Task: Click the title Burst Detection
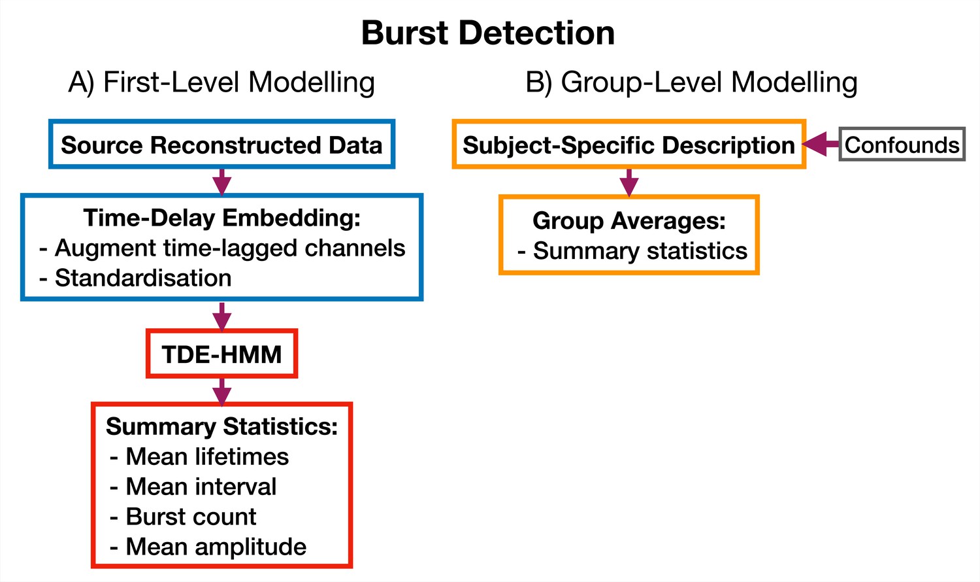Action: tap(488, 33)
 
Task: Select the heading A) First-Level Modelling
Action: tap(221, 82)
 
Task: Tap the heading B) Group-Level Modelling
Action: tap(691, 82)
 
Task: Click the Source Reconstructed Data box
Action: tap(222, 144)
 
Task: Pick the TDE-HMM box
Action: tap(222, 353)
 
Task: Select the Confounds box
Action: tap(902, 144)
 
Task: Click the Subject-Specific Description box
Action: tap(629, 144)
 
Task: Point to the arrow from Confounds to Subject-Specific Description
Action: tap(821, 144)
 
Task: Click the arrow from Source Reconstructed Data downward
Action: tap(222, 182)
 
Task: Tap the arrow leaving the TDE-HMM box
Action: tap(222, 392)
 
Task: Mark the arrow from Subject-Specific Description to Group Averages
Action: tap(629, 182)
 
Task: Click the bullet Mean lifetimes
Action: tap(199, 456)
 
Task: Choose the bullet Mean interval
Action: tap(193, 487)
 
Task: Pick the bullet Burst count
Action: tap(183, 517)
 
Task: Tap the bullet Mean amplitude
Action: tap(208, 547)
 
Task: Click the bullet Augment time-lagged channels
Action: tap(222, 248)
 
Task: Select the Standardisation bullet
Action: tap(135, 278)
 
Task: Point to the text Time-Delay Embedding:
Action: tap(222, 218)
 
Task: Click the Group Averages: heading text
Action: tap(629, 220)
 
